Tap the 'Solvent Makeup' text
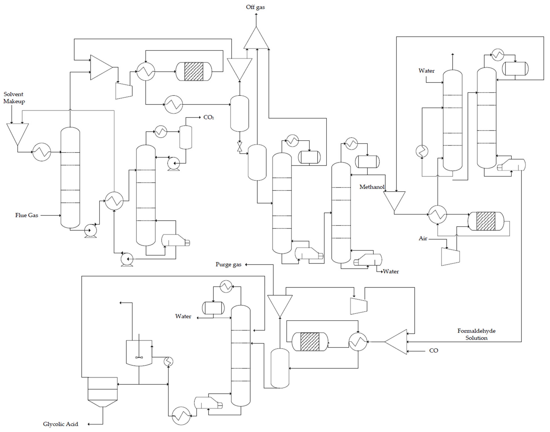pos(14,98)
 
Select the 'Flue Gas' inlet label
pos(27,215)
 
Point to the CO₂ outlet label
pos(208,117)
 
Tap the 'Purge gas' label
pos(228,265)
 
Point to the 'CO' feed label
pos(434,351)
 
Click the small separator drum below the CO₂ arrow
pos(186,137)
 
